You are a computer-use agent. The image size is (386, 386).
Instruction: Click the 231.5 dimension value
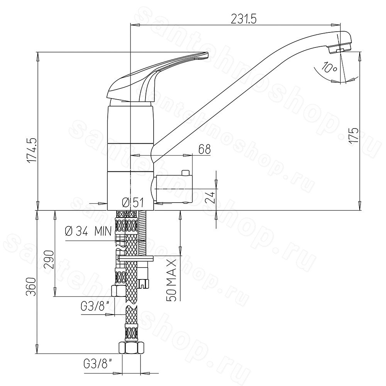pos(244,19)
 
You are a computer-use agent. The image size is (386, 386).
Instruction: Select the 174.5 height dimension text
pos(32,150)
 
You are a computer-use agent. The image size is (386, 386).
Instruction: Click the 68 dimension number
pos(205,149)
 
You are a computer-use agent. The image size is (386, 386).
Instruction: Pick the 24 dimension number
pos(210,197)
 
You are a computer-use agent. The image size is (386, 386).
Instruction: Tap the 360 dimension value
pos(32,286)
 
